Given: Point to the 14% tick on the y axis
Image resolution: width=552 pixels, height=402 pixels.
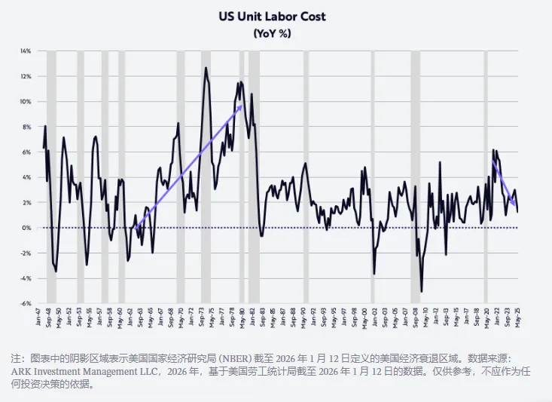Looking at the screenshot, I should tap(26, 51).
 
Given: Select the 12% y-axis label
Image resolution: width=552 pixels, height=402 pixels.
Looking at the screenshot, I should tap(26, 76).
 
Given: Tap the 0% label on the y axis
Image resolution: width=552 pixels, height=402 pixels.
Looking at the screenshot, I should tap(26, 228).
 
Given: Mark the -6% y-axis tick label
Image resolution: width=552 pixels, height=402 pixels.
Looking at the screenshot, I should tap(26, 304).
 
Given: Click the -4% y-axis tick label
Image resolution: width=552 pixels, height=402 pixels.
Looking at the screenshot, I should tap(26, 278).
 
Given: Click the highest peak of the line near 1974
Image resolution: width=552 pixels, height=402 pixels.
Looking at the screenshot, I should tap(206, 68).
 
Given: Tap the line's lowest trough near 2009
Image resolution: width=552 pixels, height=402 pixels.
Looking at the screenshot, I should tap(421, 291).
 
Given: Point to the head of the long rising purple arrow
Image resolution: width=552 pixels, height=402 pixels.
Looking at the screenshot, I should tap(241, 106).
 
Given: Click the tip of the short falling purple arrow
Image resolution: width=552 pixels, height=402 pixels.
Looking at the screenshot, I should tap(515, 206).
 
